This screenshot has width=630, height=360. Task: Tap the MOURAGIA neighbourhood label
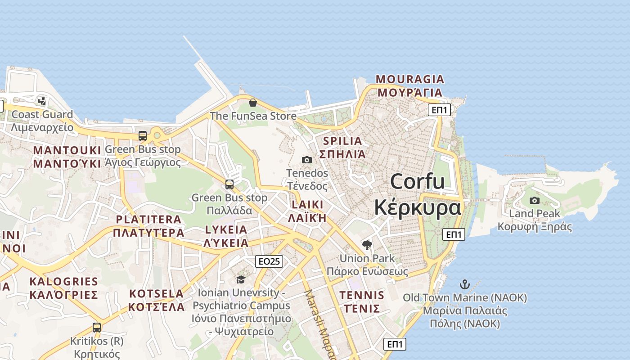click(x=410, y=86)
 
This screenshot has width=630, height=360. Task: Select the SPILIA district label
click(x=342, y=148)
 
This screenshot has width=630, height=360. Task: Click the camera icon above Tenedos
click(x=307, y=160)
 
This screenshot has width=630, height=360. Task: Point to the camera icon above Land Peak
click(x=535, y=200)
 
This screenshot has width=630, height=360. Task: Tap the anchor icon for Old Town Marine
click(x=465, y=284)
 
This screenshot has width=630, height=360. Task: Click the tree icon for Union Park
click(x=367, y=245)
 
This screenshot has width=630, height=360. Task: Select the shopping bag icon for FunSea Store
click(x=253, y=103)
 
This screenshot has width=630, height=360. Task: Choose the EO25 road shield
click(x=269, y=261)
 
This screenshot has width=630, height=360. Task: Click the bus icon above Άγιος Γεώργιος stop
click(x=143, y=135)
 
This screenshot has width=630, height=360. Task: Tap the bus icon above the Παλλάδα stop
click(x=229, y=184)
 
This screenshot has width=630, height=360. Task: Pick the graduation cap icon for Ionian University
click(x=241, y=279)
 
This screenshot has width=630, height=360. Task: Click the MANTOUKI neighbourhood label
click(x=67, y=157)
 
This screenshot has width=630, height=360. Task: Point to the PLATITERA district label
click(x=148, y=226)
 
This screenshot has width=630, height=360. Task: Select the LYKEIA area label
click(x=226, y=236)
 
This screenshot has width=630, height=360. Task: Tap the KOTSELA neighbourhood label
click(x=157, y=300)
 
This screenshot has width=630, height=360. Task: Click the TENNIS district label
click(x=362, y=302)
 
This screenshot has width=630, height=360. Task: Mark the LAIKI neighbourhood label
click(x=307, y=211)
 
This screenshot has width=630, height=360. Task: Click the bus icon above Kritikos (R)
click(x=97, y=327)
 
